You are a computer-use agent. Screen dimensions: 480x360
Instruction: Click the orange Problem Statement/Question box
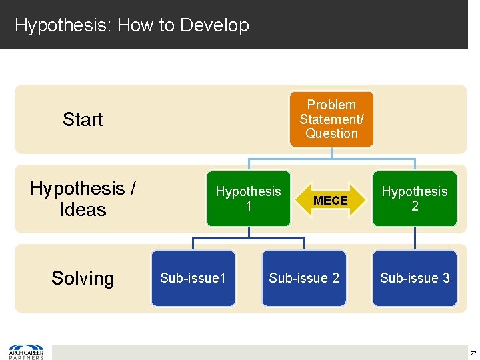(331, 119)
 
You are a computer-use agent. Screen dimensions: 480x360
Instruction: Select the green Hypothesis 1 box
(248, 199)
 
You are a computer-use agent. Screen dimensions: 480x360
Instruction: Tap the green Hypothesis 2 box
(415, 199)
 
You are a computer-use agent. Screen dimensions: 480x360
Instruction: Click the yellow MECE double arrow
(331, 200)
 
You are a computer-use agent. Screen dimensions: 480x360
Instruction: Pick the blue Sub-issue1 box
(193, 278)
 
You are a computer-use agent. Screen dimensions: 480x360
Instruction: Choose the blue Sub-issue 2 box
(304, 278)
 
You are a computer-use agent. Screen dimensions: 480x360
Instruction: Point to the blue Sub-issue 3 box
(415, 278)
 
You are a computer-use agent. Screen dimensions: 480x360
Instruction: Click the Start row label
(83, 119)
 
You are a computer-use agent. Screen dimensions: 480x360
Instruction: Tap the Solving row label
(83, 278)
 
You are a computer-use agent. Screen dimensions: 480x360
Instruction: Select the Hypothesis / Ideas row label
(83, 199)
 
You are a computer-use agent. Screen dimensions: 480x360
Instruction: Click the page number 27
(473, 353)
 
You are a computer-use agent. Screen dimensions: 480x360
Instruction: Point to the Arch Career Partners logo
(27, 352)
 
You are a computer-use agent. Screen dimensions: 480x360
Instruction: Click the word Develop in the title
(215, 25)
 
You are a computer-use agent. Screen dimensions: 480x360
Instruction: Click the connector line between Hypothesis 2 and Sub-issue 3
(415, 238)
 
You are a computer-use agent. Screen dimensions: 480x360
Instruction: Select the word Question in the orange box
(331, 133)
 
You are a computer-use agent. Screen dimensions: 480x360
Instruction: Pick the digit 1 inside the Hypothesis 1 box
(248, 207)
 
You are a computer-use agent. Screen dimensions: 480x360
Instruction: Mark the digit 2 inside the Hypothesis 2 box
(415, 207)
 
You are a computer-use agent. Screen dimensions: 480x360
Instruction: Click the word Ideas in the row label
(83, 209)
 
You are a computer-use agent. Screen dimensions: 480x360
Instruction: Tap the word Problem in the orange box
(331, 105)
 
